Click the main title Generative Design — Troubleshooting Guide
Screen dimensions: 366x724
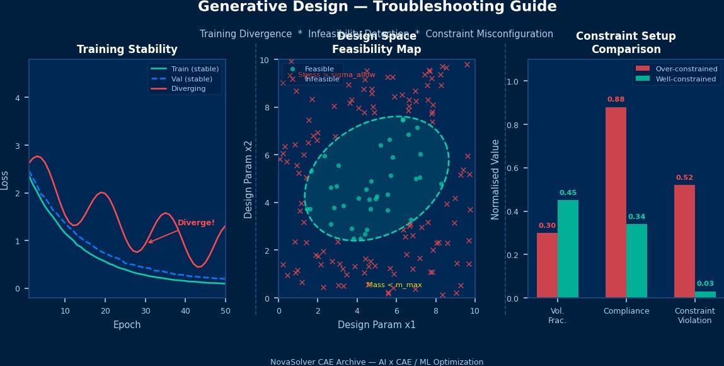pos(377,7)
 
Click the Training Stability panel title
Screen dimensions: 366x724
pos(127,49)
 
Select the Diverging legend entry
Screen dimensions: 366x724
pos(188,89)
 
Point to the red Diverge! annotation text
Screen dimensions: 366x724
pos(196,223)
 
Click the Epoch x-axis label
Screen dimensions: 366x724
pos(127,325)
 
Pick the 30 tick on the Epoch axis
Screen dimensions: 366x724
pos(146,310)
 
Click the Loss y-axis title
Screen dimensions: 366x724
pos(5,179)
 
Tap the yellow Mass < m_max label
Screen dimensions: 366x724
pos(394,285)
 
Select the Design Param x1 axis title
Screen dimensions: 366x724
pos(377,325)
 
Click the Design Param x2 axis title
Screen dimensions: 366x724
pos(249,179)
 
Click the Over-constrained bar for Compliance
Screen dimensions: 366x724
pos(616,202)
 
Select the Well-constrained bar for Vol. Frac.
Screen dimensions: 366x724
pos(568,249)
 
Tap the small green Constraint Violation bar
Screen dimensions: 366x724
pos(705,294)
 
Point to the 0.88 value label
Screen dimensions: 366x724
pos(616,100)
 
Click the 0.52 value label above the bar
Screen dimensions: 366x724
pos(684,178)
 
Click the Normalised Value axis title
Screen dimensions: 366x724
pos(496,179)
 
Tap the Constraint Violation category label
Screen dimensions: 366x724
pos(694,316)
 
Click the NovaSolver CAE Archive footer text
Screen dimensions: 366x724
pos(377,362)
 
